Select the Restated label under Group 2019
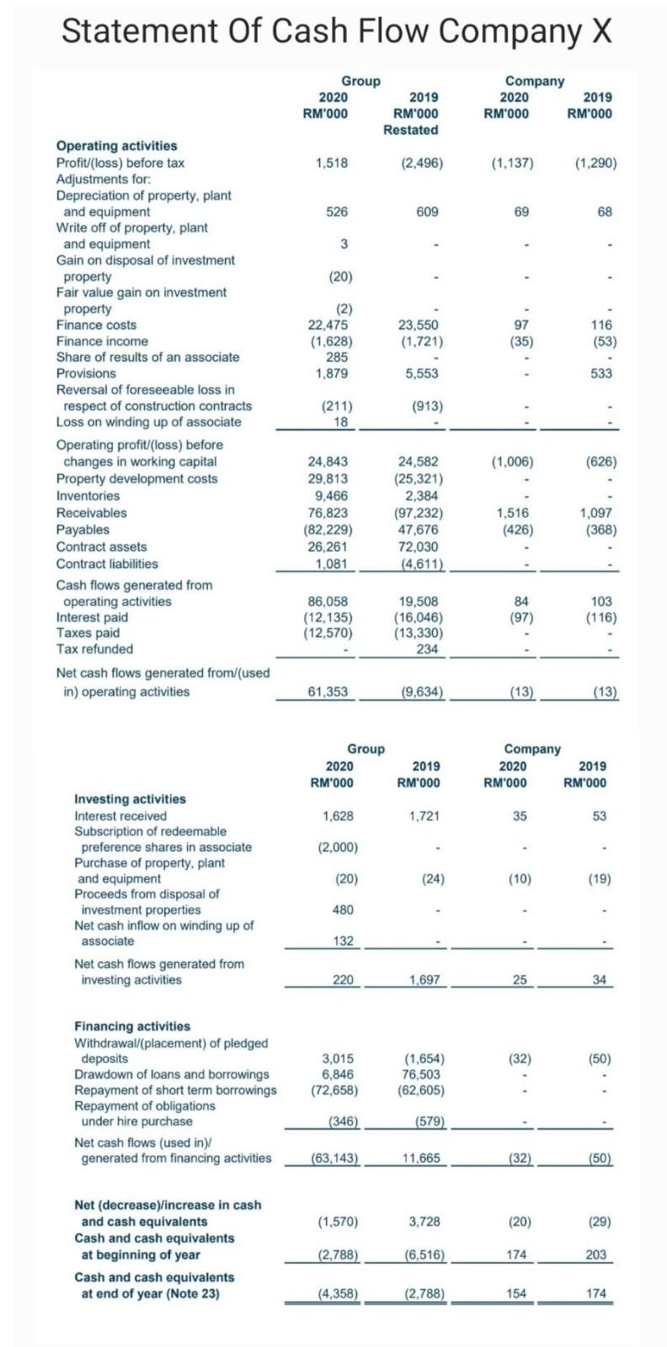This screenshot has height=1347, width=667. pyautogui.click(x=410, y=130)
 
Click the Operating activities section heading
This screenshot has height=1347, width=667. pyautogui.click(x=116, y=146)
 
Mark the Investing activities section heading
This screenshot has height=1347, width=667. pyautogui.click(x=131, y=799)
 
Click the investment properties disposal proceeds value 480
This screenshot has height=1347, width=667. pyautogui.click(x=343, y=909)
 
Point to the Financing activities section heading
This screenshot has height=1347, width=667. pyautogui.click(x=132, y=1026)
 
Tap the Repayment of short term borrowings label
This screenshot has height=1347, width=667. pyautogui.click(x=175, y=1090)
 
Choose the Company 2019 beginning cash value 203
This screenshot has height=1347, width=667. pyautogui.click(x=595, y=1254)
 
